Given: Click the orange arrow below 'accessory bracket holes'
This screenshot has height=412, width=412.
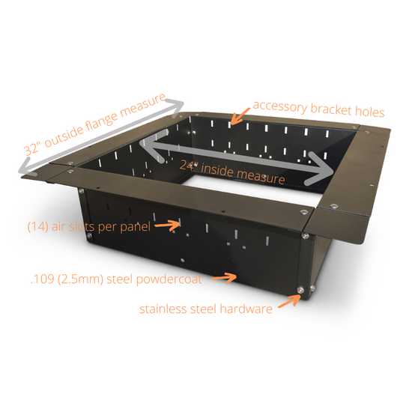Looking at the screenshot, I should [239, 117].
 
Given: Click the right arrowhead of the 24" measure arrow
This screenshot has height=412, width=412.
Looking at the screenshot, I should [325, 169].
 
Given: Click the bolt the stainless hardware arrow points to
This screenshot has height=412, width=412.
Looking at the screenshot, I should [300, 291].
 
